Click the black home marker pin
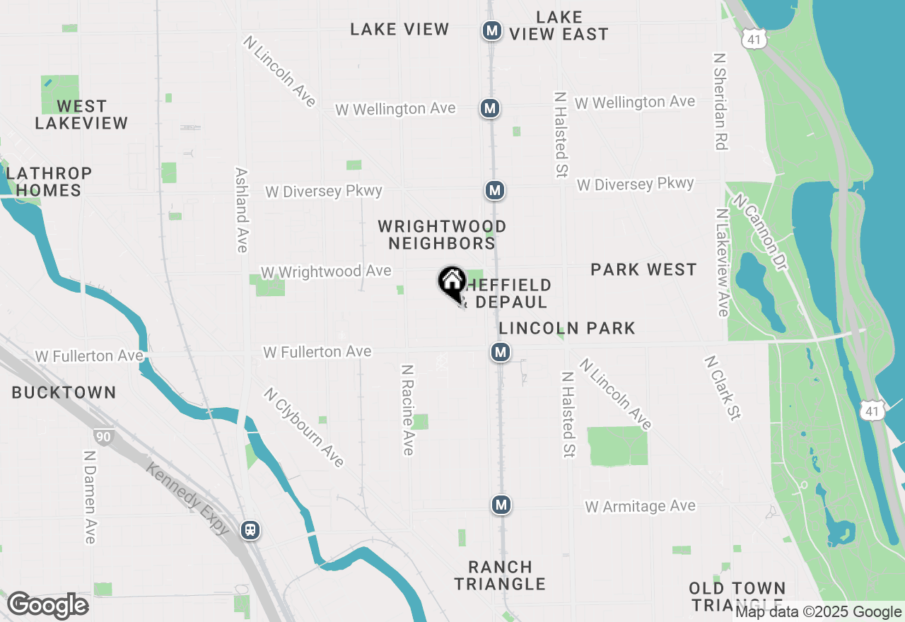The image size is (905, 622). tap(452, 283)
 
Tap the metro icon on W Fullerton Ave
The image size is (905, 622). tap(501, 352)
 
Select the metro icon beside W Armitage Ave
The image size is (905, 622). tap(501, 505)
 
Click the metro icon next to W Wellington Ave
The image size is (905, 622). tap(489, 108)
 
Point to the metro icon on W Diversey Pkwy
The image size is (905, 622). tap(495, 190)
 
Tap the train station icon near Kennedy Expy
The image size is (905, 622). tap(250, 529)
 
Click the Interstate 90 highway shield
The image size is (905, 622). tap(103, 437)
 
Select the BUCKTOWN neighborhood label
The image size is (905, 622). tap(64, 393)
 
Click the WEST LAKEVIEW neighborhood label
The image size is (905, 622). tap(81, 115)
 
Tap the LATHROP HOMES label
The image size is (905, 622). tap(49, 182)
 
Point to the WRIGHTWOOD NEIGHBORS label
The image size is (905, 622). tap(442, 235)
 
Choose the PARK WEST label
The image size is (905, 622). tap(643, 269)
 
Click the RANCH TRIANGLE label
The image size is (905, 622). tap(500, 575)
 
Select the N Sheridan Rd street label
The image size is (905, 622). tap(720, 100)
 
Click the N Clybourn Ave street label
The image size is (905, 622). tap(304, 427)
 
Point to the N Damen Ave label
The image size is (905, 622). tap(89, 498)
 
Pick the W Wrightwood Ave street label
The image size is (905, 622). tap(326, 272)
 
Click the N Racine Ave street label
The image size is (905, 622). tap(408, 410)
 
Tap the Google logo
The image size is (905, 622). tap(47, 606)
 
